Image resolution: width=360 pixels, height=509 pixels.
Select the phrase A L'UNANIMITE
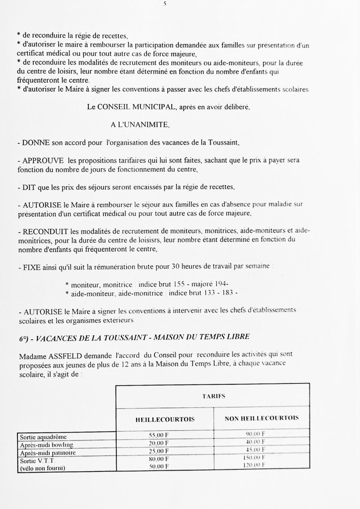140,125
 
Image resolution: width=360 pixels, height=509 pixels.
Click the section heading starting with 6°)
134,337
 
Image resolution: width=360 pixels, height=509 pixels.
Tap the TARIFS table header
214,396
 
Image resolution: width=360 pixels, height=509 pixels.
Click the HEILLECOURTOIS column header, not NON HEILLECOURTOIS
165,419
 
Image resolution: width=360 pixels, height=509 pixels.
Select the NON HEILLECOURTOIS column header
262,418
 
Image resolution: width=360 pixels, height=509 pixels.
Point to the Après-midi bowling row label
46,445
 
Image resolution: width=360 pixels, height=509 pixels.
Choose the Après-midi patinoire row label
48,453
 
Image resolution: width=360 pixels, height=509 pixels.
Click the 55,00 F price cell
159,435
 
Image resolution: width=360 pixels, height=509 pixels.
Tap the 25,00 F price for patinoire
159,451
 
